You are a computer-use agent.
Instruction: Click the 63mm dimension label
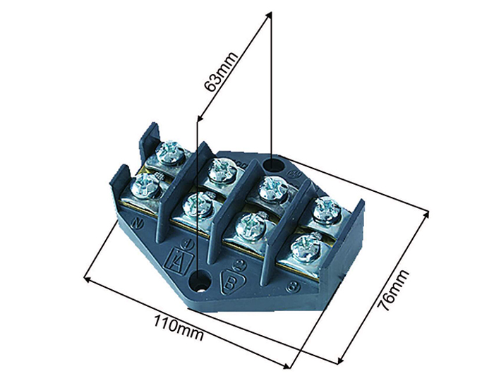(220, 71)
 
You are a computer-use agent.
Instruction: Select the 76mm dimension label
(393, 290)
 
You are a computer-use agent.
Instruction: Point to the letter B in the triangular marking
(230, 282)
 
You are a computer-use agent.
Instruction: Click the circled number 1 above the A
(188, 243)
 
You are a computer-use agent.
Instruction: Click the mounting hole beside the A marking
(199, 280)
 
